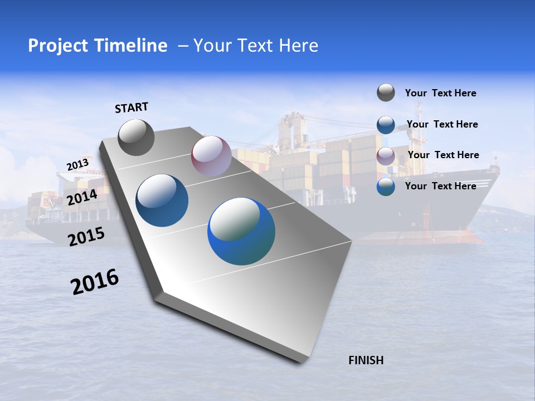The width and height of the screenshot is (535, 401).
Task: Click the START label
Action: (132, 107)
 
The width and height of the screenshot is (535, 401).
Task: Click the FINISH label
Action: (366, 360)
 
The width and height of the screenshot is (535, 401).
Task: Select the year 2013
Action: (77, 165)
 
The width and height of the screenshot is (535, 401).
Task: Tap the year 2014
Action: (82, 197)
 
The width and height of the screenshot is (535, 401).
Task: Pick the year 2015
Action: (86, 237)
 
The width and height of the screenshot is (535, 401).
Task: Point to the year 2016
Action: (95, 282)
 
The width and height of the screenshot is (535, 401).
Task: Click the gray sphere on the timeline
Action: (136, 137)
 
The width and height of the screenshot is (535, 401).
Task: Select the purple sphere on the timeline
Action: (211, 156)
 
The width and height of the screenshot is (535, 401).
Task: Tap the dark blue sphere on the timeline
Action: (162, 200)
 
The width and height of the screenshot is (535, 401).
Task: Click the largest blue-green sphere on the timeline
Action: (241, 231)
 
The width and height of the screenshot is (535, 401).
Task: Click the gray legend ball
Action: (386, 92)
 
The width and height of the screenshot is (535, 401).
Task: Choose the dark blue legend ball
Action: (386, 124)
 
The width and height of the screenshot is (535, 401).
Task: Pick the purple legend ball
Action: (386, 155)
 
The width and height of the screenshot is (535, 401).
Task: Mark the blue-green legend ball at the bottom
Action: (386, 187)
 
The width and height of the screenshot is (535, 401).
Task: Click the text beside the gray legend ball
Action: (440, 93)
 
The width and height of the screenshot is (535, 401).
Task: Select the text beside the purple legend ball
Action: (443, 155)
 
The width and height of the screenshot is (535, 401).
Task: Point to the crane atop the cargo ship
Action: (292, 128)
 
